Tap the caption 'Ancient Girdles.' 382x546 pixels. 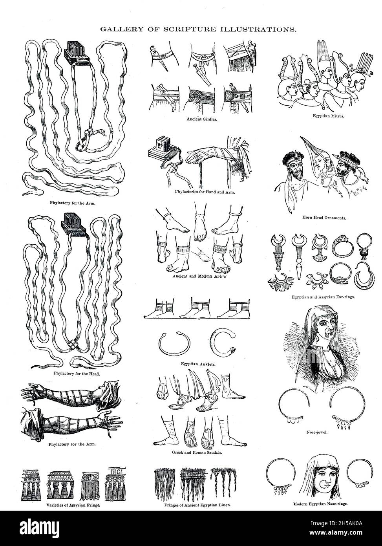(200, 118)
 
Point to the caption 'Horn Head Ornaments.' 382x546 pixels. (324, 217)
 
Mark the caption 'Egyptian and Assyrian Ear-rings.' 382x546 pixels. (323, 297)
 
